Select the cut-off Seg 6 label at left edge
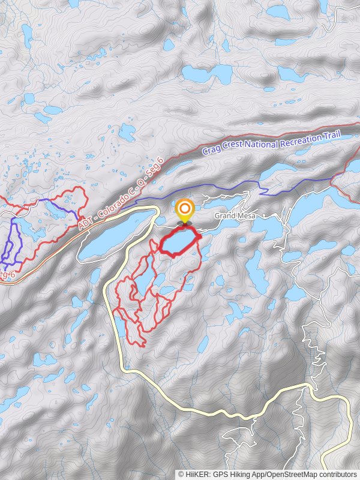click(6, 275)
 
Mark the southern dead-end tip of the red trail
click(143, 344)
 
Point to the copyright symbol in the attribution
click(181, 474)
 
